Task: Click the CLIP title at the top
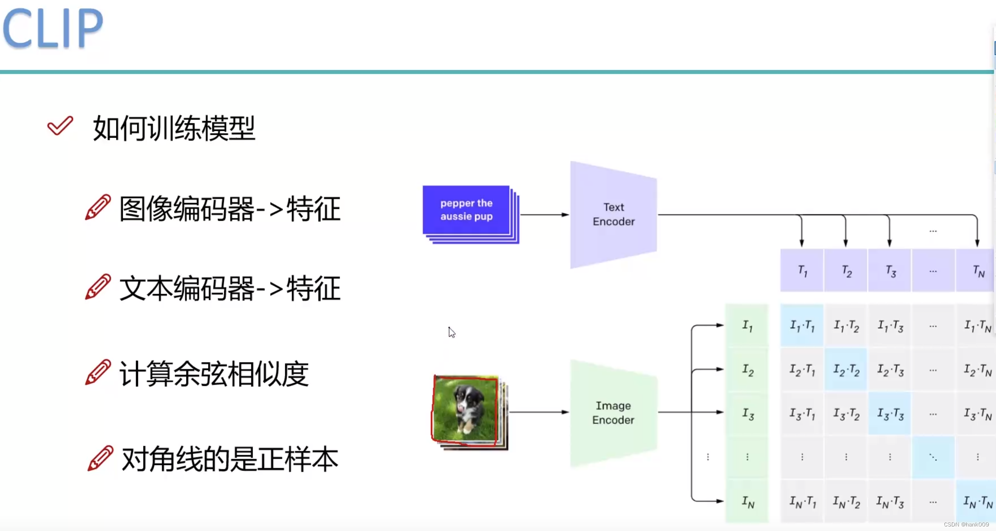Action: (x=53, y=28)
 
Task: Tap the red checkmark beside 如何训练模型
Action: (x=60, y=126)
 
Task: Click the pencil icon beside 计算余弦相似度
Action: (x=98, y=372)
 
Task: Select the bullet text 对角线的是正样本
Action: (x=229, y=459)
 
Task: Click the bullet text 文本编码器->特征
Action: (x=229, y=288)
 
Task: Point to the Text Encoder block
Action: (x=613, y=215)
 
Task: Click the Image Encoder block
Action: (x=613, y=413)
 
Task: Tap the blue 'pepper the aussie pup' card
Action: (x=466, y=210)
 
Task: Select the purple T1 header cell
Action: (x=802, y=271)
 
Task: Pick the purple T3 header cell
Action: (x=890, y=271)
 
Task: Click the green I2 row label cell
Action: (x=747, y=370)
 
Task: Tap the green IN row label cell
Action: (x=747, y=501)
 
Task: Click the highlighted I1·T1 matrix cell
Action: (x=802, y=325)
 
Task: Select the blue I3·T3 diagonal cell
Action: (x=890, y=414)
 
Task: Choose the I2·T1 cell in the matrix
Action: (x=802, y=370)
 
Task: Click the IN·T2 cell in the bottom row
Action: (x=846, y=501)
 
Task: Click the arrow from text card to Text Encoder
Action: (x=544, y=215)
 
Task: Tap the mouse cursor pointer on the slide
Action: (x=451, y=332)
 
